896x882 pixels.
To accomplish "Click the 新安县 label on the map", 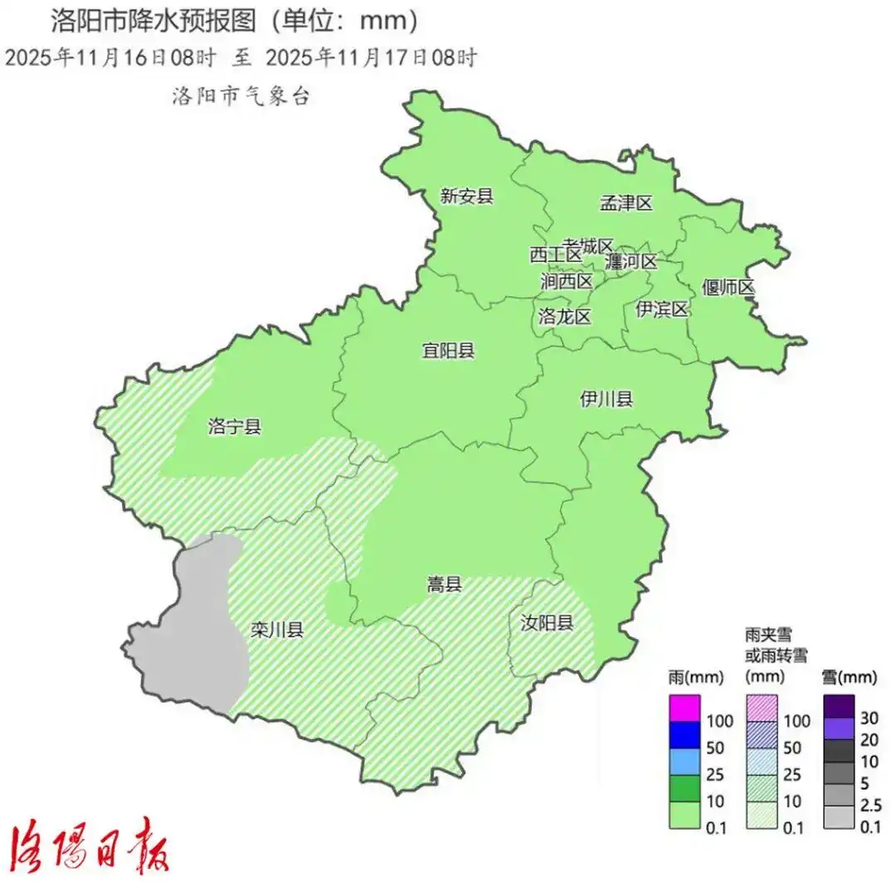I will pos(467,196).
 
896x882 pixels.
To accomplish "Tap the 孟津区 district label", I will pos(626,203).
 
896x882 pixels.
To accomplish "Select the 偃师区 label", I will pos(728,288).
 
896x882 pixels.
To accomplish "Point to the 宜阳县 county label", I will pos(448,351).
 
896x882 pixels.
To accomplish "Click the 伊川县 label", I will pos(606,400).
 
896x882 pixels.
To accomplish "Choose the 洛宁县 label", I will pos(235,428).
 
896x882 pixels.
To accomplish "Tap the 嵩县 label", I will pos(445,585).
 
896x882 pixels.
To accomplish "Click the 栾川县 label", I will pos(277,631).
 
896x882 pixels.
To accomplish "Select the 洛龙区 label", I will pos(564,316).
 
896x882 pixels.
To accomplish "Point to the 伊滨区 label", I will pos(662,310).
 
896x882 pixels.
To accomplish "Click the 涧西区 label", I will pos(567,281).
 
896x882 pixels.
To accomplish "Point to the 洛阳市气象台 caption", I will pos(241,96).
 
